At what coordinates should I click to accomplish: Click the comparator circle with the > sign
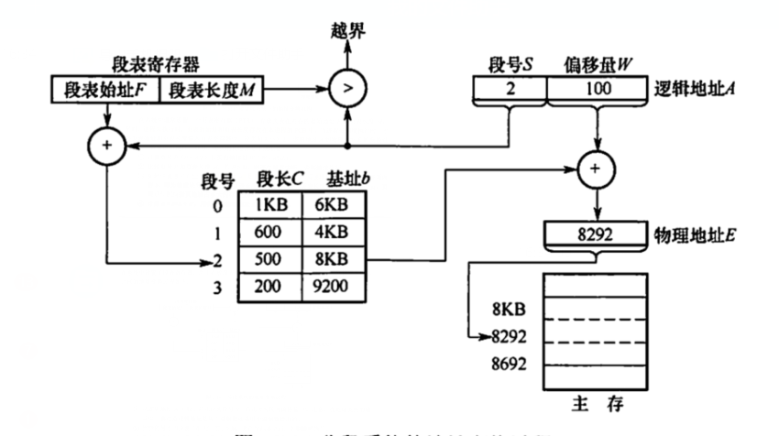pyautogui.click(x=347, y=91)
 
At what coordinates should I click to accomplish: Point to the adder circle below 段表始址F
pyautogui.click(x=105, y=145)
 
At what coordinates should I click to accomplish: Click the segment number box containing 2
pyautogui.click(x=510, y=90)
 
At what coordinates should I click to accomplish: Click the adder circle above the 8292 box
pyautogui.click(x=598, y=169)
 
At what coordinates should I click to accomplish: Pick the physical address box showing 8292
pyautogui.click(x=598, y=232)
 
